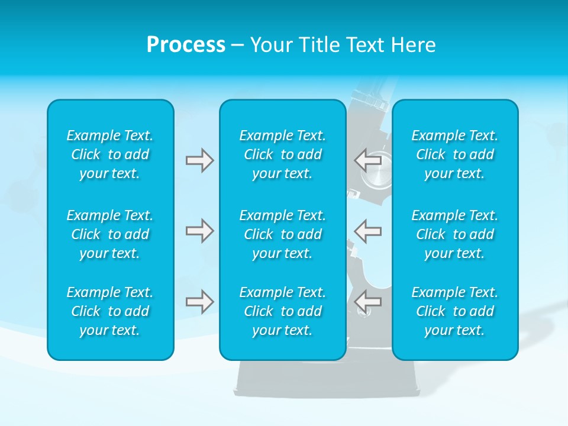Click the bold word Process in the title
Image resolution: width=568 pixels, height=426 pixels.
(186, 45)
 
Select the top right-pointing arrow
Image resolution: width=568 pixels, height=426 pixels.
(199, 160)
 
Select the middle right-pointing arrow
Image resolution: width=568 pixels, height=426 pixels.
(199, 230)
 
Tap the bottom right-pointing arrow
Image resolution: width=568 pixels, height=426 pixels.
(199, 301)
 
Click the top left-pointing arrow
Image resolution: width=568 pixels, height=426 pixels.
(368, 160)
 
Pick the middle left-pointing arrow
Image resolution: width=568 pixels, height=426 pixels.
(368, 230)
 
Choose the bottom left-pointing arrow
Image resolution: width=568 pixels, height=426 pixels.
(368, 301)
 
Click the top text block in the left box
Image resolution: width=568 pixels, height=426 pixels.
(110, 154)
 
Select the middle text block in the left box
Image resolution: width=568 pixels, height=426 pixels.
(110, 234)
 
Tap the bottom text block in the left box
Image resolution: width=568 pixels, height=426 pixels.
(110, 311)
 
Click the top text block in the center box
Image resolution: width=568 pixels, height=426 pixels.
(282, 154)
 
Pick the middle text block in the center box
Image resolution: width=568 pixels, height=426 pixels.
(282, 234)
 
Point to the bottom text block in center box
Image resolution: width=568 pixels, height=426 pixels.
(282, 311)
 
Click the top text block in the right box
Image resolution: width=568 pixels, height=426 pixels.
(454, 154)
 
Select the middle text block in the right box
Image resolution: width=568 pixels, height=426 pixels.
(454, 234)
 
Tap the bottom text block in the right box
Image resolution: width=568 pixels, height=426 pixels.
(454, 311)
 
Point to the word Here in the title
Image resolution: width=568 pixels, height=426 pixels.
(415, 45)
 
